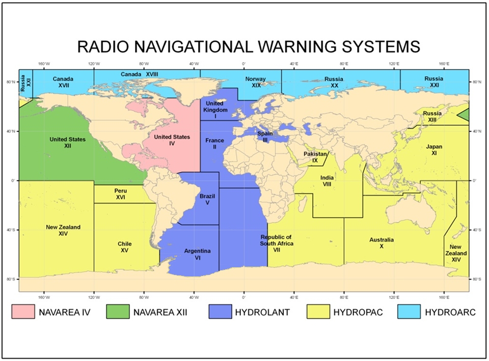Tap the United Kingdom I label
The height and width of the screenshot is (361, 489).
(x=214, y=110)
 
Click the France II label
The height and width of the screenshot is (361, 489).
(x=214, y=143)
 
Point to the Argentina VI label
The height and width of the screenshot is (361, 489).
(x=198, y=254)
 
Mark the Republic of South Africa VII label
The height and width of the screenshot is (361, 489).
(x=277, y=243)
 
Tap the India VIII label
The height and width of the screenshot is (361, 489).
(x=327, y=181)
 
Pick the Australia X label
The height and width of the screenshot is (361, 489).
(x=381, y=243)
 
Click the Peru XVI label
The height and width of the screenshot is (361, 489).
(x=120, y=194)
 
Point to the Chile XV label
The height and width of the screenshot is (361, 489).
(x=124, y=247)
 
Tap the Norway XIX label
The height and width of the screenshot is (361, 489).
(x=255, y=82)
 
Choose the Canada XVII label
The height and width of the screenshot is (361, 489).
(x=64, y=82)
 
